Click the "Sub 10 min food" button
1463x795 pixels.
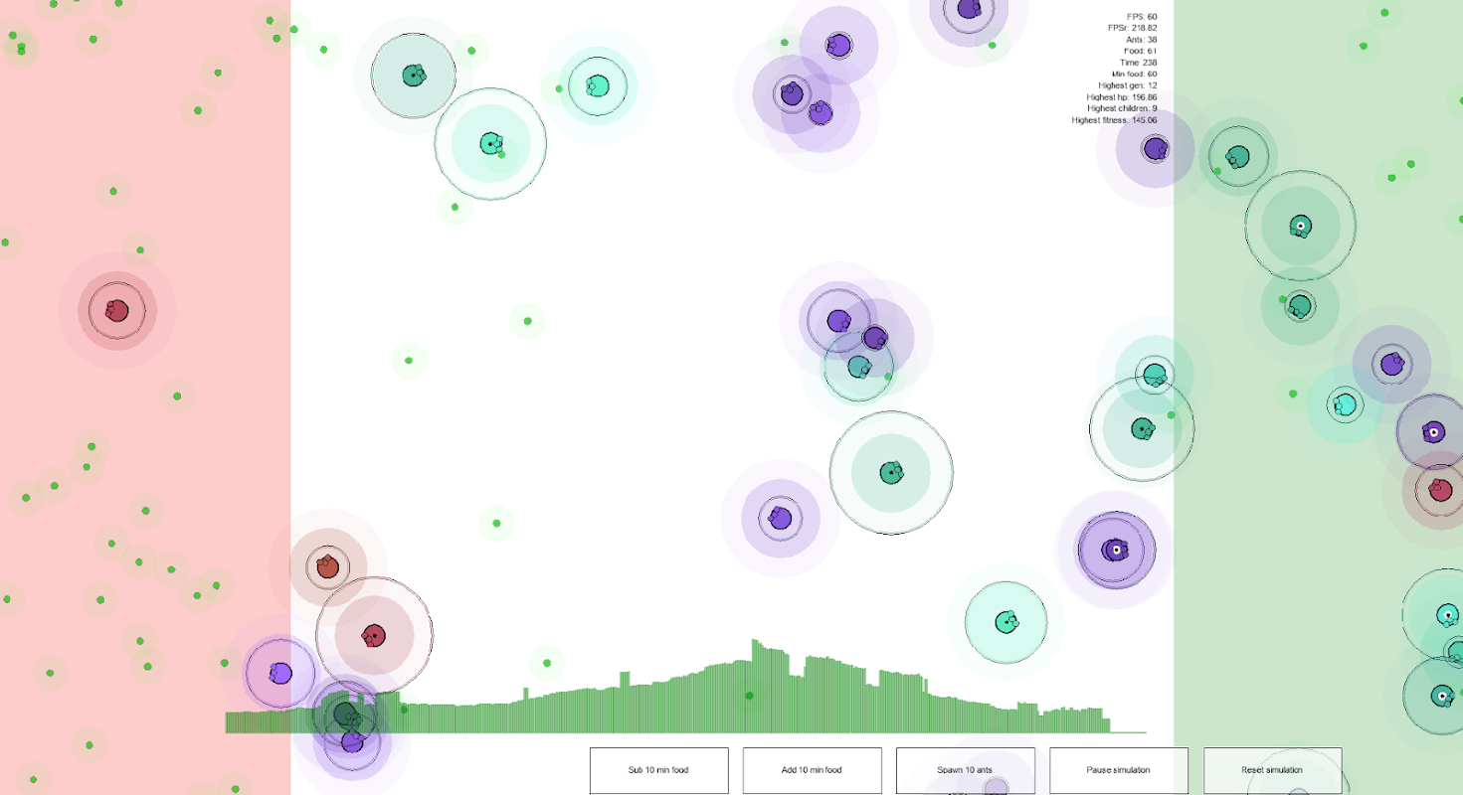[x=658, y=770]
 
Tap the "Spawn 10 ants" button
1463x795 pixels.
[x=965, y=770]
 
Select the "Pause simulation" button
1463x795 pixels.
[x=1118, y=770]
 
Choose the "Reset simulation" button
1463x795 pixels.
[x=1272, y=770]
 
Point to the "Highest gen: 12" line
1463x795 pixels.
[x=1127, y=85]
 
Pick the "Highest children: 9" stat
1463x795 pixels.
[x=1121, y=108]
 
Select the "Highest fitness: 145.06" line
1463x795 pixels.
[x=1114, y=120]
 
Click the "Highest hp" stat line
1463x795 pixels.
[x=1122, y=97]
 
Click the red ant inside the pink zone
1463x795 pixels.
[x=117, y=310]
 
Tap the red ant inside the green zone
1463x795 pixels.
[x=1439, y=489]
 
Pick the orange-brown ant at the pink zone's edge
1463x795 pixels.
[x=327, y=567]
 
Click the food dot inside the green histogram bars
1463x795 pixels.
[x=749, y=696]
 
